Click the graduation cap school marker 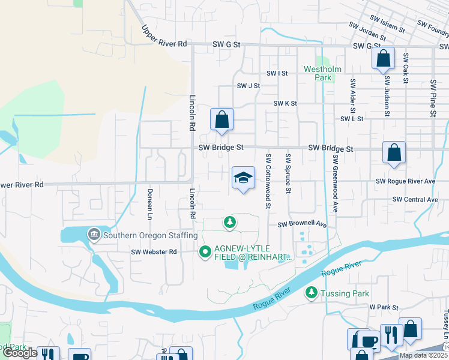pos(243,178)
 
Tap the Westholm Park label pos(322,73)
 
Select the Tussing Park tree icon pos(311,293)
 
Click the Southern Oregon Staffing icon pos(94,234)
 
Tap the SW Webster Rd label pos(154,252)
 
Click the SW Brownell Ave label pos(301,224)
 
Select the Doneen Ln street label pos(149,203)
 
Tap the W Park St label pos(384,307)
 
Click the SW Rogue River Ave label pos(405,181)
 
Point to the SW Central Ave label pos(415,199)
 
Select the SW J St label pos(248,86)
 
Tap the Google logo pos(20,353)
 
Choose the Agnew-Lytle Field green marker pos(205,252)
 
